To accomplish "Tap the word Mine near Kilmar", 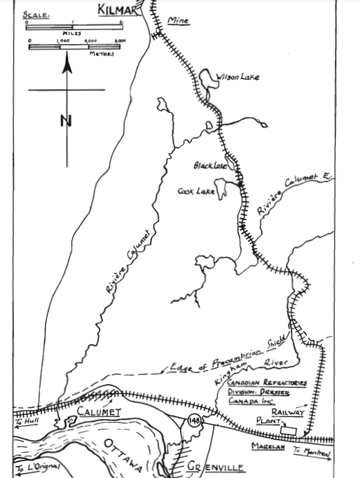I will point(179,22).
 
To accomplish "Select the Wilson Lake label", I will point(237,76).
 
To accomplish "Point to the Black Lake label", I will point(211,166).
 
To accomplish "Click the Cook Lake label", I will point(195,191).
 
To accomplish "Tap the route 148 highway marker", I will point(193,420).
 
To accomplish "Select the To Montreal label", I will point(312,451).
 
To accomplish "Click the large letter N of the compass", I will point(66,121).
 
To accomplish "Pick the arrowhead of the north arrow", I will point(67,65).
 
